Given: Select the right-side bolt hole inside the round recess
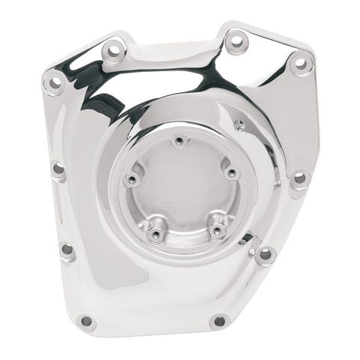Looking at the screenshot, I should pyautogui.click(x=232, y=173).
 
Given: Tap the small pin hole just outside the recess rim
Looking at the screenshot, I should pyautogui.click(x=240, y=124).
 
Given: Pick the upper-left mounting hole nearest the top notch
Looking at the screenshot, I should pyautogui.click(x=114, y=51).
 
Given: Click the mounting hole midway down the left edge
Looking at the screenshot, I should pyautogui.click(x=58, y=169).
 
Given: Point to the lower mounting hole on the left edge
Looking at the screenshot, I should pyautogui.click(x=67, y=249).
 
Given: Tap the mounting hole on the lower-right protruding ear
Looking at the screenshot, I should pyautogui.click(x=265, y=255).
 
